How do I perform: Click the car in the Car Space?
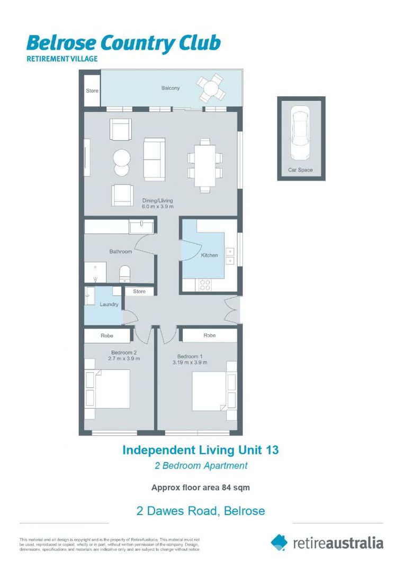300,134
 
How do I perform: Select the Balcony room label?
170,88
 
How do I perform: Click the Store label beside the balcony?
92,91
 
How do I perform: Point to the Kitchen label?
209,255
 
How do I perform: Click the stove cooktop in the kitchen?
205,284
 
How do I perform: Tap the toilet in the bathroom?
125,273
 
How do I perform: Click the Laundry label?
109,305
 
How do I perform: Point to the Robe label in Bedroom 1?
210,335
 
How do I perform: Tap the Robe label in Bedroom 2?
107,335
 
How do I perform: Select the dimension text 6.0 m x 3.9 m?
157,207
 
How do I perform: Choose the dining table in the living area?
204,165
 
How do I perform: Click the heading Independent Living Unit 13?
200,450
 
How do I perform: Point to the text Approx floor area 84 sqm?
200,487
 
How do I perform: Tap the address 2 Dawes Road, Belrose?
200,511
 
